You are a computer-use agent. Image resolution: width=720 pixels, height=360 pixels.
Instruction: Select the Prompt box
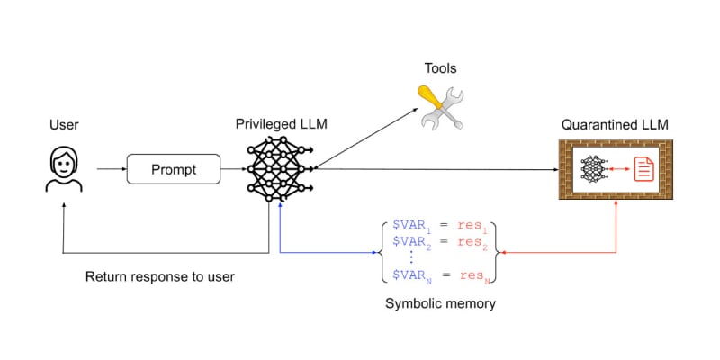pyautogui.click(x=175, y=168)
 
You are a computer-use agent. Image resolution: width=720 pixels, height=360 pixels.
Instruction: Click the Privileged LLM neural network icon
pyautogui.click(x=281, y=168)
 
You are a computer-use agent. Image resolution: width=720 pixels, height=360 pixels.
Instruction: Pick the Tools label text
pyautogui.click(x=441, y=68)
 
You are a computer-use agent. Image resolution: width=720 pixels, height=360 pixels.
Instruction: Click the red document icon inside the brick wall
pyautogui.click(x=644, y=168)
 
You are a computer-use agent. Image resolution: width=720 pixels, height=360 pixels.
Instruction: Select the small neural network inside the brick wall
pyautogui.click(x=593, y=168)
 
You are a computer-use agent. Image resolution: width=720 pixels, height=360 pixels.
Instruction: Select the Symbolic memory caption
pyautogui.click(x=440, y=303)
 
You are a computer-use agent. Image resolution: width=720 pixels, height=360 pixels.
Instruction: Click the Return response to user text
pyautogui.click(x=159, y=276)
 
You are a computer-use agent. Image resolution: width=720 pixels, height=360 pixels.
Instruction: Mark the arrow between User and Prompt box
pyautogui.click(x=110, y=168)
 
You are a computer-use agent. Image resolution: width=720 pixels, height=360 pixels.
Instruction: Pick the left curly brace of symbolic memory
pyautogui.click(x=384, y=249)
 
